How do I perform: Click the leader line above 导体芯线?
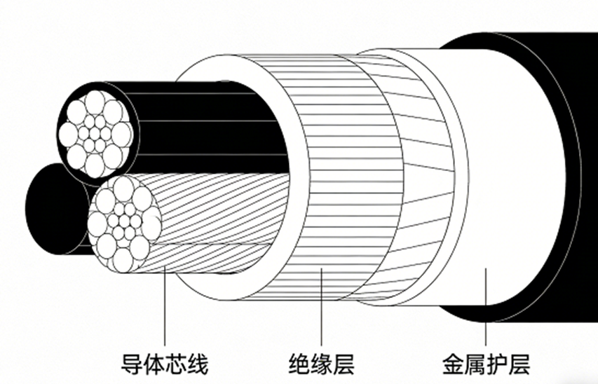click(165, 308)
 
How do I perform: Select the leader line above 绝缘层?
click(321, 308)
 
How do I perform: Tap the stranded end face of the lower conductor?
click(124, 223)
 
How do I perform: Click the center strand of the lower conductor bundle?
click(124, 224)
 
